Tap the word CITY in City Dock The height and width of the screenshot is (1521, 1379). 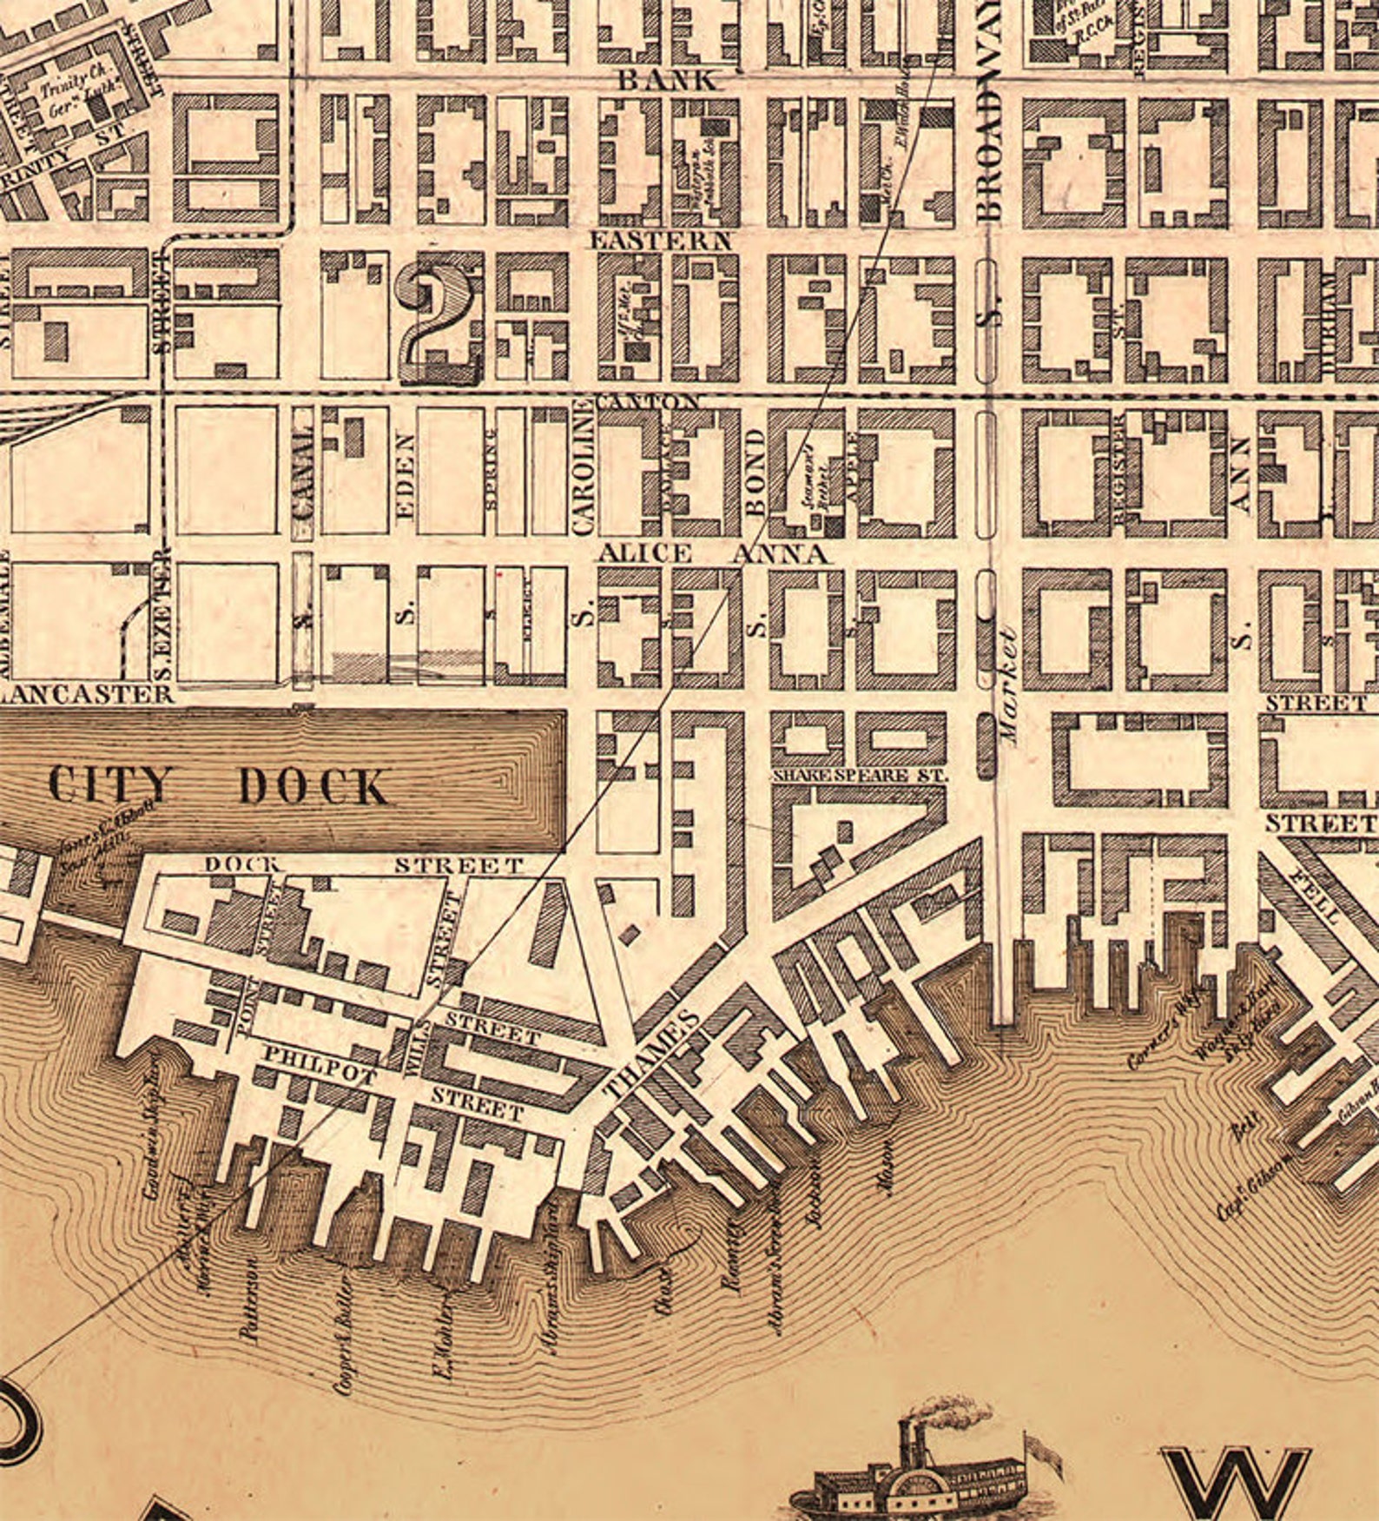pos(110,784)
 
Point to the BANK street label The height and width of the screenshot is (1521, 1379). pos(668,81)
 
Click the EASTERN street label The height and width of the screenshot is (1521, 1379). pos(662,241)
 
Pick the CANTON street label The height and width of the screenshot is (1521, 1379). pos(649,401)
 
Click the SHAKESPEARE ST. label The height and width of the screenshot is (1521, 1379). pos(858,774)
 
